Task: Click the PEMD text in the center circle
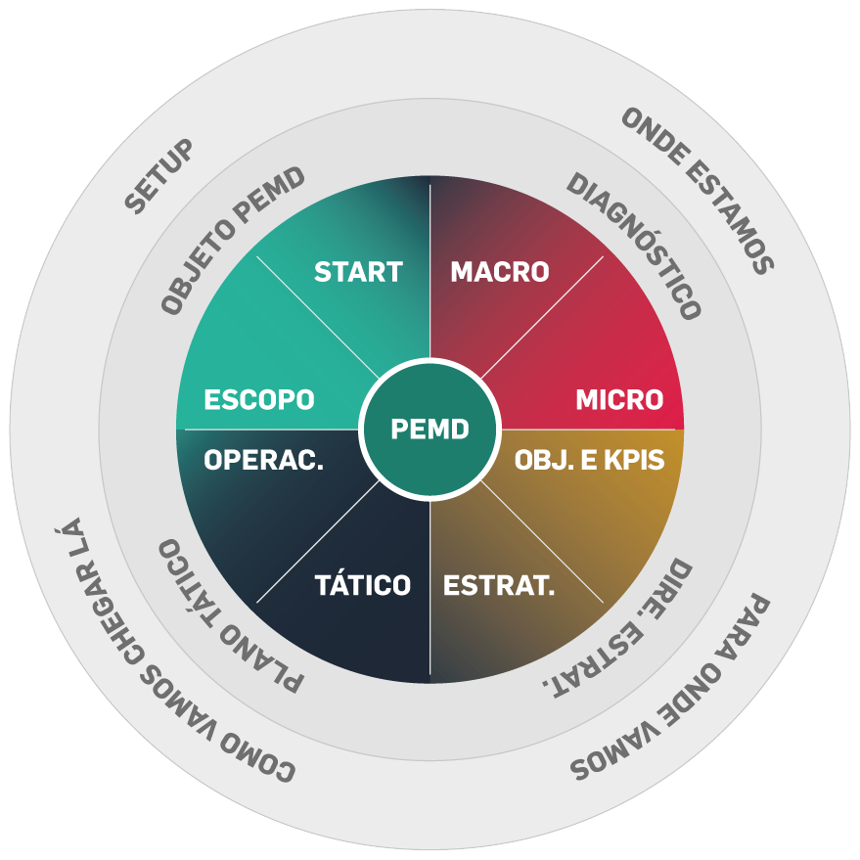(430, 429)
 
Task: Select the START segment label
(359, 272)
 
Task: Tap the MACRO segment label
(500, 272)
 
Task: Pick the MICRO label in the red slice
(619, 400)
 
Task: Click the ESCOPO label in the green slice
(259, 400)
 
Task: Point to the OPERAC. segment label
(264, 460)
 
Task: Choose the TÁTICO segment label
(363, 585)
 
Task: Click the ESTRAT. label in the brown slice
(499, 585)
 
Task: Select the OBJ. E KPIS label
(590, 460)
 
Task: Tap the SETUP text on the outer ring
(159, 176)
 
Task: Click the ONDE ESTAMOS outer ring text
(698, 190)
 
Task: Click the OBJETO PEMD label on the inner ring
(233, 241)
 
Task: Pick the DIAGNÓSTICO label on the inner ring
(634, 246)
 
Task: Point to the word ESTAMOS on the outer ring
(731, 218)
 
